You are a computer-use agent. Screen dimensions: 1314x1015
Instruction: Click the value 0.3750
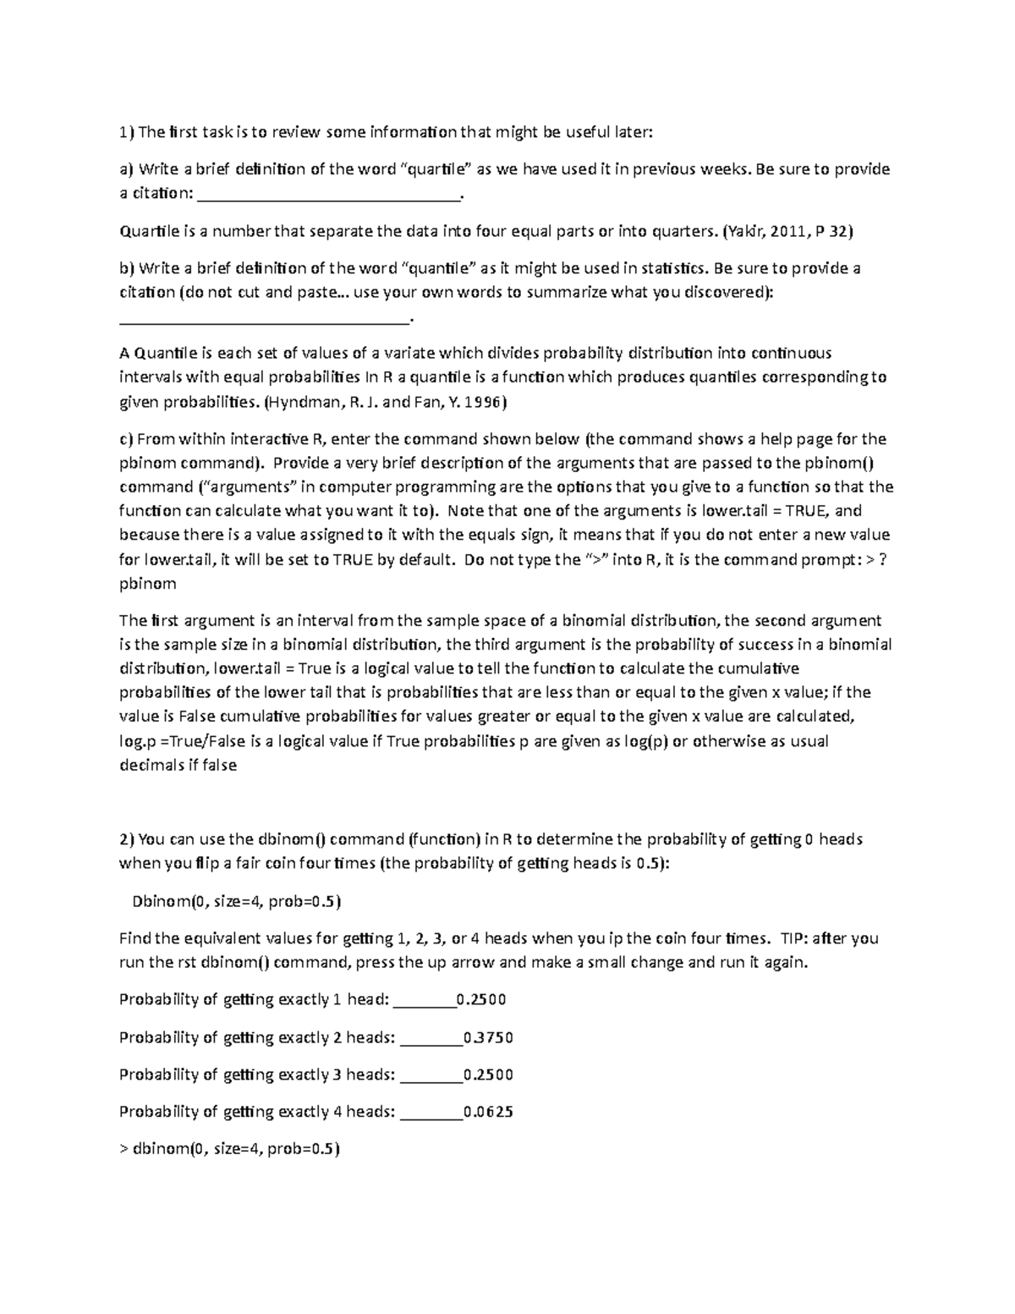click(x=488, y=1037)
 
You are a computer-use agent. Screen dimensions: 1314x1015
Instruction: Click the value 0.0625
click(x=488, y=1112)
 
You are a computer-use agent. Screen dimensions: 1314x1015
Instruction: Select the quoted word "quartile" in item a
click(x=436, y=169)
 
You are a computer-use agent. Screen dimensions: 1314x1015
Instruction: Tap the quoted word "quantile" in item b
click(x=442, y=268)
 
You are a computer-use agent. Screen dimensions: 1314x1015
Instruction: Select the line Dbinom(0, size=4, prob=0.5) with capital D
click(x=236, y=901)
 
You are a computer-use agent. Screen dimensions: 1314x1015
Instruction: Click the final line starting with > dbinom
click(x=229, y=1149)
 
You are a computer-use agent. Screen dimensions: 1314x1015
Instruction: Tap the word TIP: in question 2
click(x=791, y=938)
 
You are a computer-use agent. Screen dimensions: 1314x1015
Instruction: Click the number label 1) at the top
click(x=126, y=132)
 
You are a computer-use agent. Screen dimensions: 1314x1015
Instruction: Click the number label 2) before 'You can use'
click(x=126, y=839)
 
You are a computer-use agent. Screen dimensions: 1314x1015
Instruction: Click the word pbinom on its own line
click(x=147, y=583)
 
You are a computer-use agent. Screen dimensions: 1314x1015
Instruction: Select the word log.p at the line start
click(x=137, y=741)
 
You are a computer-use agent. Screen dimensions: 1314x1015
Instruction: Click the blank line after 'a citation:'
click(x=329, y=195)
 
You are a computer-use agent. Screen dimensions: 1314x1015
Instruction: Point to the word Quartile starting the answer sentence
click(x=149, y=230)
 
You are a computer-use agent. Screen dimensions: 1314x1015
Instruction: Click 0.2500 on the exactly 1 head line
click(x=480, y=1000)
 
